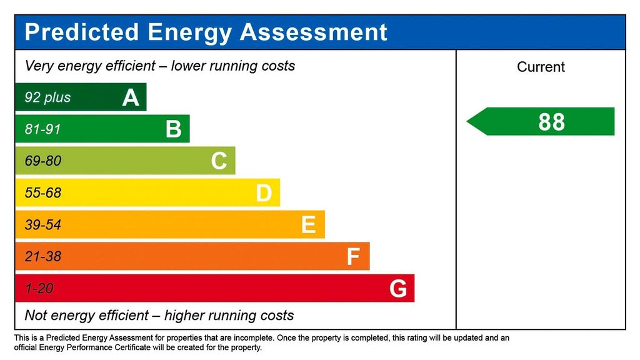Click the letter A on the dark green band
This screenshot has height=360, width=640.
(131, 97)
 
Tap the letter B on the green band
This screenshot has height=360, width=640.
(174, 129)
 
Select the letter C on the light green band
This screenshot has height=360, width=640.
(219, 161)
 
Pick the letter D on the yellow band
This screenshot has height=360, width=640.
(264, 193)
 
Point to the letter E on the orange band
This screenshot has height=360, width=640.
(308, 225)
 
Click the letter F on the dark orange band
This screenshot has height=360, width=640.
(353, 257)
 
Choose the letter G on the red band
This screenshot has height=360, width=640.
(398, 289)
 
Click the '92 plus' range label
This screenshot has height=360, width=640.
(47, 97)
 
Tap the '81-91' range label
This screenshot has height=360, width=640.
(43, 129)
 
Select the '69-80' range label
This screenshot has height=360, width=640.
(43, 161)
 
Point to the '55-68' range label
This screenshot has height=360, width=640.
(43, 193)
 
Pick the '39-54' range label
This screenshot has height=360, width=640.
(43, 225)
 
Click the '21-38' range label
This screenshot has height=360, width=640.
(43, 257)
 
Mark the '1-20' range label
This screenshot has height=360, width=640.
(39, 289)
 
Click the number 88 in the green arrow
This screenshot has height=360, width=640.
(551, 122)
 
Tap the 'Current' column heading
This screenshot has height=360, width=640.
(541, 67)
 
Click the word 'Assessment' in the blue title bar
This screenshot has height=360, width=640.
(314, 32)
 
